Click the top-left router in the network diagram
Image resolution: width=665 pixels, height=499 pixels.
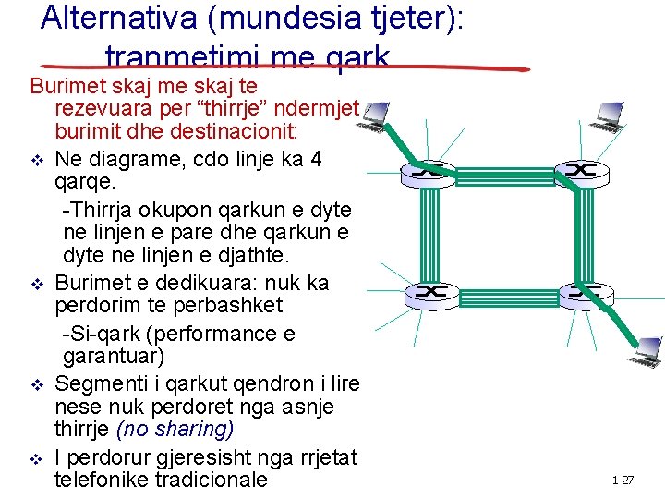coord(428,170)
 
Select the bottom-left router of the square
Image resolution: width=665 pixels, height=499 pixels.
coord(428,293)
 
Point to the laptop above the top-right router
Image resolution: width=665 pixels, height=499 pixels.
coord(611,113)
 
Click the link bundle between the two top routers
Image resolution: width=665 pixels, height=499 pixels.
coord(504,171)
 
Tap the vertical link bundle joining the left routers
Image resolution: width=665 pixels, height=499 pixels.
coord(428,231)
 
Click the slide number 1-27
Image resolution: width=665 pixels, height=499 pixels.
coord(623,481)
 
